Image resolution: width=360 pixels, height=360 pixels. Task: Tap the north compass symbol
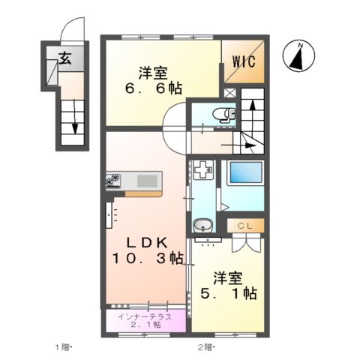pos(299,58)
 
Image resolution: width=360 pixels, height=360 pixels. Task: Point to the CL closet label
pos(245,225)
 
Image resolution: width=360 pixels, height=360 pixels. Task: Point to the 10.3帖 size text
pos(147,259)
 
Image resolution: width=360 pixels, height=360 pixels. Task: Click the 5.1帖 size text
pos(226,294)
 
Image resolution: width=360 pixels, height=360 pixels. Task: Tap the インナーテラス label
pos(145,316)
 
